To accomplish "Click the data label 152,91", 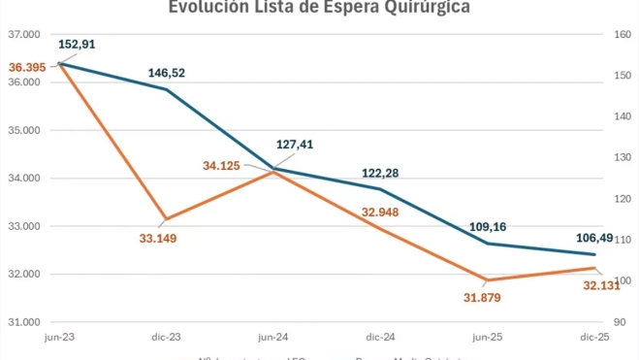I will click(x=77, y=45).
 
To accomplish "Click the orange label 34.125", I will click(x=222, y=166).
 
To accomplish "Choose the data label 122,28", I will click(x=379, y=174).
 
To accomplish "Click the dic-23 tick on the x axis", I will click(x=166, y=337).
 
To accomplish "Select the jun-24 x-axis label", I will click(x=272, y=337).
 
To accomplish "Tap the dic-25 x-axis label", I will click(x=593, y=337).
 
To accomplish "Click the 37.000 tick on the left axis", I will click(x=23, y=35).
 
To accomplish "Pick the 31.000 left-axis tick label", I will click(x=23, y=322).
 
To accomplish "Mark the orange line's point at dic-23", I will click(x=166, y=219).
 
